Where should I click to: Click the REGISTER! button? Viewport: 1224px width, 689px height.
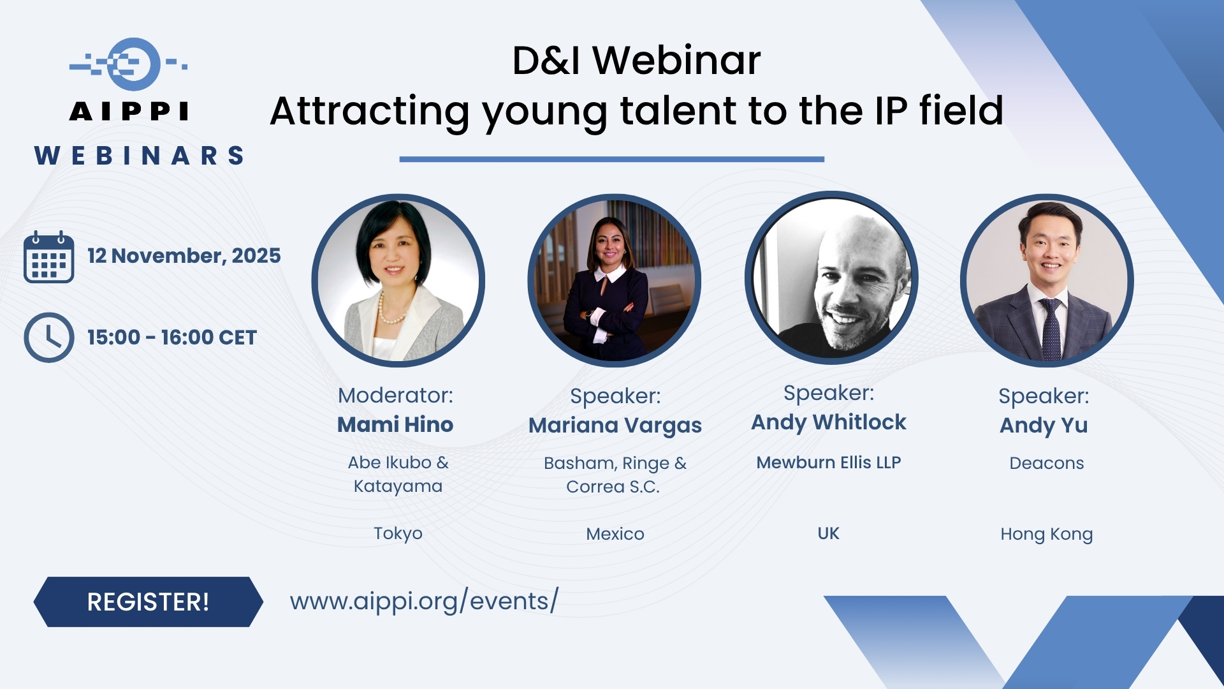click(148, 602)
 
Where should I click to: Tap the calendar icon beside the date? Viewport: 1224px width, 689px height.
click(48, 256)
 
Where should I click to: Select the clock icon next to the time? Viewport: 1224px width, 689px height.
click(48, 337)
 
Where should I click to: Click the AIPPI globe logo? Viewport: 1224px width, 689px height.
click(129, 64)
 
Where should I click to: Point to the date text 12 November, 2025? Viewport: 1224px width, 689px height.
click(184, 256)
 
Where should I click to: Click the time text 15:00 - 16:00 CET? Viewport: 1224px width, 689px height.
click(172, 337)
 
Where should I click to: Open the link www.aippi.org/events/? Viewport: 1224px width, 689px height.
click(424, 601)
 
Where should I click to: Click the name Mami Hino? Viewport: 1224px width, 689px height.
click(395, 424)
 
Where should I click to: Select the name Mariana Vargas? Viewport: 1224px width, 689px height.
click(615, 426)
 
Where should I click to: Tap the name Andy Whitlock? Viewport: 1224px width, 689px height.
click(829, 422)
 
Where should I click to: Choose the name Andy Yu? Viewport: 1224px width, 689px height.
click(1044, 426)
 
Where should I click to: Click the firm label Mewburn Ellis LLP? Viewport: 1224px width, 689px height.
click(829, 463)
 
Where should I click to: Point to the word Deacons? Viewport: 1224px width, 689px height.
click(1047, 463)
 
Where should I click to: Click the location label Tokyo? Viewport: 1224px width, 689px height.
click(398, 533)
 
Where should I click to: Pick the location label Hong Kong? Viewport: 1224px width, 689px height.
click(1047, 534)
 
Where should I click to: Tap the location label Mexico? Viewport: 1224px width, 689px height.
click(615, 534)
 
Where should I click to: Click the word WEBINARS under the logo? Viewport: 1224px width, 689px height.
click(139, 156)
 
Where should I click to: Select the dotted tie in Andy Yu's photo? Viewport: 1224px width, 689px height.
click(1051, 329)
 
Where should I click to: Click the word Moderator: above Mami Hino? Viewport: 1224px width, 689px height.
click(395, 396)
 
